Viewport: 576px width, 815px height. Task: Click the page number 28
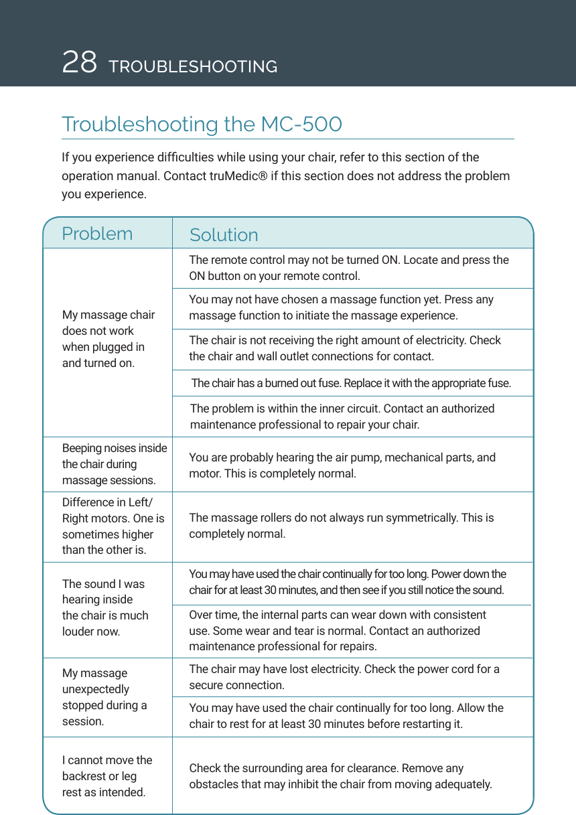pyautogui.click(x=79, y=62)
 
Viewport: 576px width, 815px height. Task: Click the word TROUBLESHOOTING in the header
pyautogui.click(x=193, y=67)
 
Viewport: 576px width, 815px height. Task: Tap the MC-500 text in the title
pyautogui.click(x=301, y=125)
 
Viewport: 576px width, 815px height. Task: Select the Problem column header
pyautogui.click(x=97, y=234)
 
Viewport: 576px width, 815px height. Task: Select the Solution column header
pyautogui.click(x=224, y=235)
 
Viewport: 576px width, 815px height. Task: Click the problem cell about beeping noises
pyautogui.click(x=115, y=464)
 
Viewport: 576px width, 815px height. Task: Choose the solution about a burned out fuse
pyautogui.click(x=351, y=383)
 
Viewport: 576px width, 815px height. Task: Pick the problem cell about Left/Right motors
pyautogui.click(x=113, y=526)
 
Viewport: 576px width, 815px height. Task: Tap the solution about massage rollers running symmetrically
pyautogui.click(x=342, y=526)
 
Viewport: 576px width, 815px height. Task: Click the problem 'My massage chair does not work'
pyautogui.click(x=109, y=339)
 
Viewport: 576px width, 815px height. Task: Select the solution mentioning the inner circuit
pyautogui.click(x=342, y=417)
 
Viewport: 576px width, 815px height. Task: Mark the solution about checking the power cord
pyautogui.click(x=344, y=677)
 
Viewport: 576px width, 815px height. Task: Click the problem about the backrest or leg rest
pyautogui.click(x=107, y=776)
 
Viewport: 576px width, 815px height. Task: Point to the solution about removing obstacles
pyautogui.click(x=340, y=776)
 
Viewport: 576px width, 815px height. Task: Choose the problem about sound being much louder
pyautogui.click(x=105, y=607)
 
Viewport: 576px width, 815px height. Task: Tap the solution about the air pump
pyautogui.click(x=342, y=465)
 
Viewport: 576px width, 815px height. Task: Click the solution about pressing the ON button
pyautogui.click(x=348, y=268)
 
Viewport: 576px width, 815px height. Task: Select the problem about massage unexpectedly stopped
pyautogui.click(x=104, y=697)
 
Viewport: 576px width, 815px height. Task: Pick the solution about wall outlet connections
pyautogui.click(x=344, y=348)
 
